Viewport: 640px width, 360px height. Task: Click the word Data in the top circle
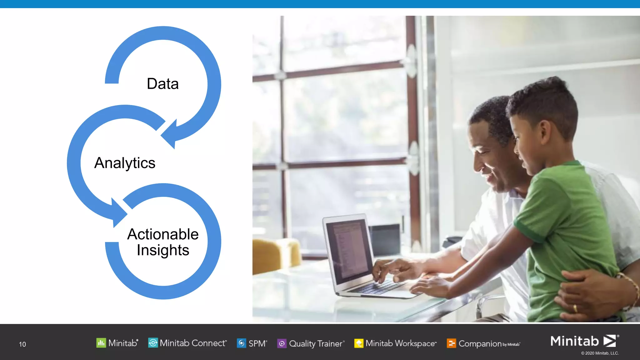[163, 84]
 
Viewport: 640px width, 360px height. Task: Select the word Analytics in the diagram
[125, 163]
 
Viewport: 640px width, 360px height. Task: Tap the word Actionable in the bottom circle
[163, 234]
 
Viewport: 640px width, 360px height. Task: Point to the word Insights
[163, 250]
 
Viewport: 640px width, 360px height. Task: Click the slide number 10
[22, 344]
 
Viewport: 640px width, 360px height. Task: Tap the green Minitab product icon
[101, 343]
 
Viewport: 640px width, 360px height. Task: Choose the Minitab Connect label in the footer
[193, 343]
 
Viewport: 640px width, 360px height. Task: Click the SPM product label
[257, 343]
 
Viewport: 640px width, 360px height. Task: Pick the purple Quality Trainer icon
[282, 343]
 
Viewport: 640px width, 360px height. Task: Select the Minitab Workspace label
[401, 343]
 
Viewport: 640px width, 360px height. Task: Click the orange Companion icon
[451, 343]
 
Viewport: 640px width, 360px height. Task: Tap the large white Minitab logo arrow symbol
[610, 341]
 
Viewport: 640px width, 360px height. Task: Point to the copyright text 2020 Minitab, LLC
[600, 353]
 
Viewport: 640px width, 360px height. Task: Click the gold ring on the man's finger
[575, 308]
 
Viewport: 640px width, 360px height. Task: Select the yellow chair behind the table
[275, 255]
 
